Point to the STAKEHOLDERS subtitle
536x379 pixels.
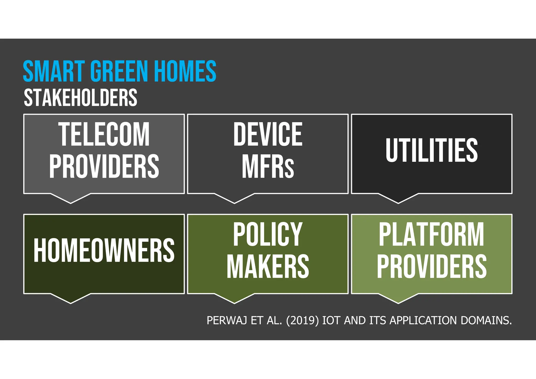click(80, 98)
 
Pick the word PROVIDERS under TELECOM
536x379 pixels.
click(104, 166)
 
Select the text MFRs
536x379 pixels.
click(268, 167)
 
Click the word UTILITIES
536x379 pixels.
click(432, 150)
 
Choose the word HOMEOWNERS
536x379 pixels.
click(104, 250)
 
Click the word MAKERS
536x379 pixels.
click(268, 266)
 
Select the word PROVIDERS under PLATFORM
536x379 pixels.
click(432, 266)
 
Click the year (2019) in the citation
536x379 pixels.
click(302, 321)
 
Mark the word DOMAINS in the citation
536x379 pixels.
click(486, 321)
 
